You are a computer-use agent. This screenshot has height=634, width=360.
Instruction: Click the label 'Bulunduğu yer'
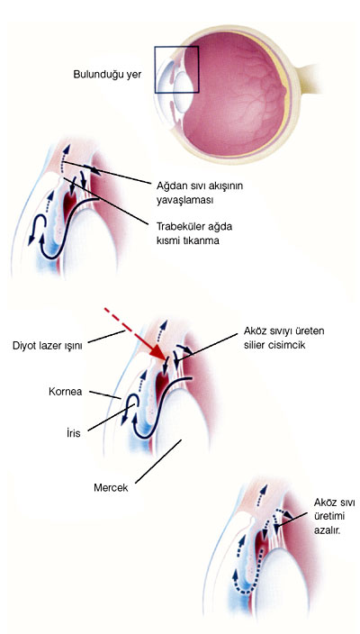coord(107,76)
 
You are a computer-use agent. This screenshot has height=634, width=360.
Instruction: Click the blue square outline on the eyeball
coord(155,69)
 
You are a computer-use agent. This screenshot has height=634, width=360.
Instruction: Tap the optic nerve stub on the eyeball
coord(309,79)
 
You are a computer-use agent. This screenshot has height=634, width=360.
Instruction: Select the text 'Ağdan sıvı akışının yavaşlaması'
coord(200,193)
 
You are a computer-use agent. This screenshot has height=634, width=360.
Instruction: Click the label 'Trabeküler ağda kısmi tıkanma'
coord(194,233)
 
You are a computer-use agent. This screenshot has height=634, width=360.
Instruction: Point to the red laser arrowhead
coord(158,353)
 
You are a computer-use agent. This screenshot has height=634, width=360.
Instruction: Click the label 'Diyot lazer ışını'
coord(48,347)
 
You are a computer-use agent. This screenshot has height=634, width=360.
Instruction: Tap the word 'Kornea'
coord(65,392)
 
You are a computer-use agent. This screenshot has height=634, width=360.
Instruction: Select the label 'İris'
coord(75,433)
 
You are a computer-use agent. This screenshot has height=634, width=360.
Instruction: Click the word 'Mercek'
coord(111,487)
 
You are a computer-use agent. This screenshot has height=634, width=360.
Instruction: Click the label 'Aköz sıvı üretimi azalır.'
coord(334,516)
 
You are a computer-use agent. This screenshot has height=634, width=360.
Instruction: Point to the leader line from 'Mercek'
coord(158,462)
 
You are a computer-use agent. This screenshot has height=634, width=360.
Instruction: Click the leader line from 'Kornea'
coord(105,394)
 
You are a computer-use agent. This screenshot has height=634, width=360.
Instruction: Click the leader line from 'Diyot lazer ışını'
coord(106,337)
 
